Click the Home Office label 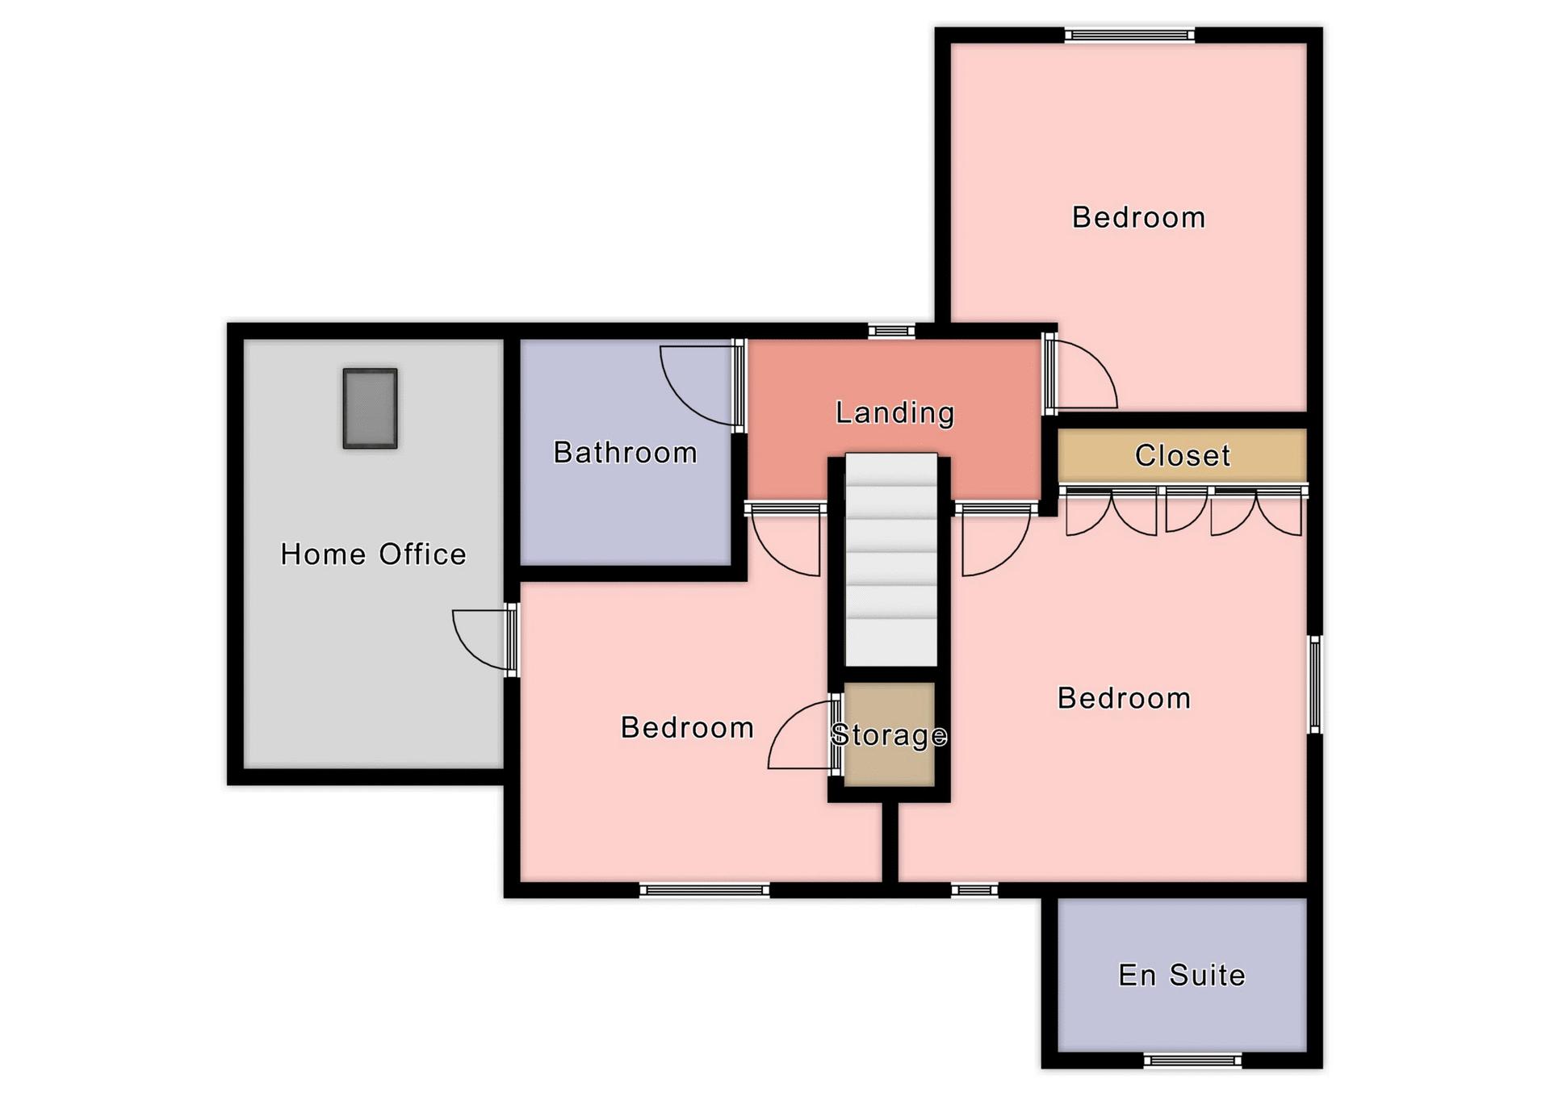373,554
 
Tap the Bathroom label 625,453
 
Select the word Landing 894,413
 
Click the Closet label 1182,456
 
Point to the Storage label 889,734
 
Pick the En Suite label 1182,975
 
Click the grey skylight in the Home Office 370,408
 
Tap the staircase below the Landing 890,559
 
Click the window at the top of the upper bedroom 1129,35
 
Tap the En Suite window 1192,1060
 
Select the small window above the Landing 891,330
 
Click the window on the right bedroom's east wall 1315,684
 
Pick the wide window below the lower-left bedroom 705,890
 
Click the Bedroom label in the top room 1138,218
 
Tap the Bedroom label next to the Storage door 687,728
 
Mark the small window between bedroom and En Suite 974,890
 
